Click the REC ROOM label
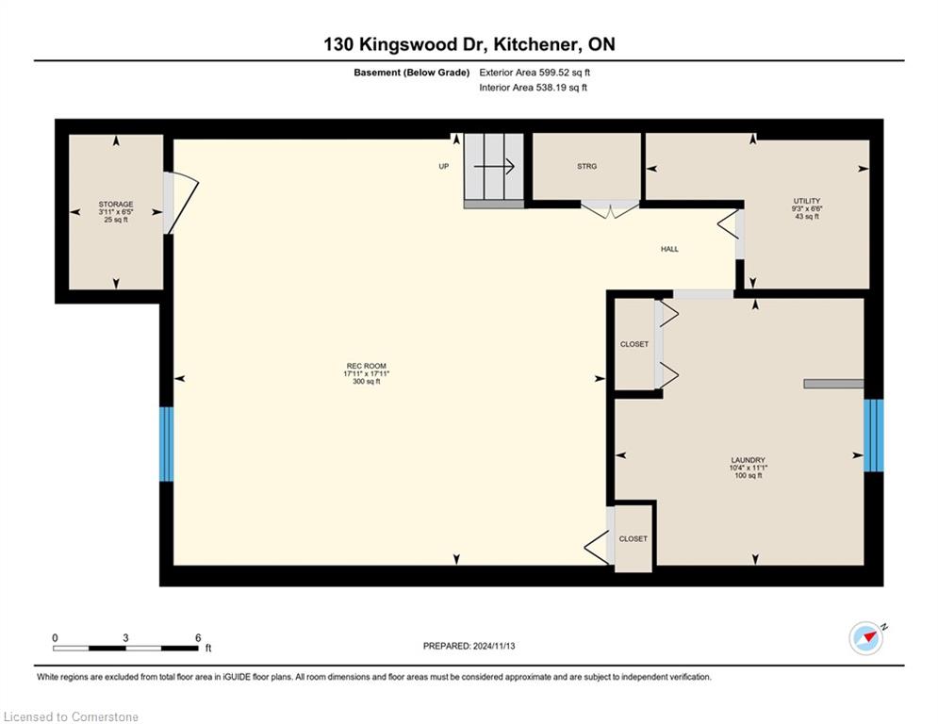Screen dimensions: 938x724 coord(366,366)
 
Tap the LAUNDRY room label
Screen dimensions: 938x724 coord(748,460)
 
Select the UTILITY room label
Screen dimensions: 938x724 coord(807,201)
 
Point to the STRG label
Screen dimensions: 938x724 coord(587,166)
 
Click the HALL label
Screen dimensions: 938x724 coord(669,249)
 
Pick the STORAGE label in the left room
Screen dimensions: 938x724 coord(116,205)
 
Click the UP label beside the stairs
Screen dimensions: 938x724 coord(443,166)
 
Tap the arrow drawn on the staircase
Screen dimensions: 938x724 coord(494,166)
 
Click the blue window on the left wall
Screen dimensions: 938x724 coord(166,444)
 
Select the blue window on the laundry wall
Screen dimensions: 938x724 coord(873,435)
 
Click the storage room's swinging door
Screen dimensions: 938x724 coord(181,204)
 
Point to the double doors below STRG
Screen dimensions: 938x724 coord(610,210)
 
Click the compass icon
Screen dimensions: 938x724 coord(866,638)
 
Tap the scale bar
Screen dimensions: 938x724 coord(125,648)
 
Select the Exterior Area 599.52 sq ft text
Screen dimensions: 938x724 coord(535,73)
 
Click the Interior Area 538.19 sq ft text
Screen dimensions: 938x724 coord(533,88)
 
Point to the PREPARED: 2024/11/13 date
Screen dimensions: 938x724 coord(469,646)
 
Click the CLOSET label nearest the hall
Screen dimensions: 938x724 coord(634,345)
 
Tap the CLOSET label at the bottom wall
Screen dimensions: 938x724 coord(633,539)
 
